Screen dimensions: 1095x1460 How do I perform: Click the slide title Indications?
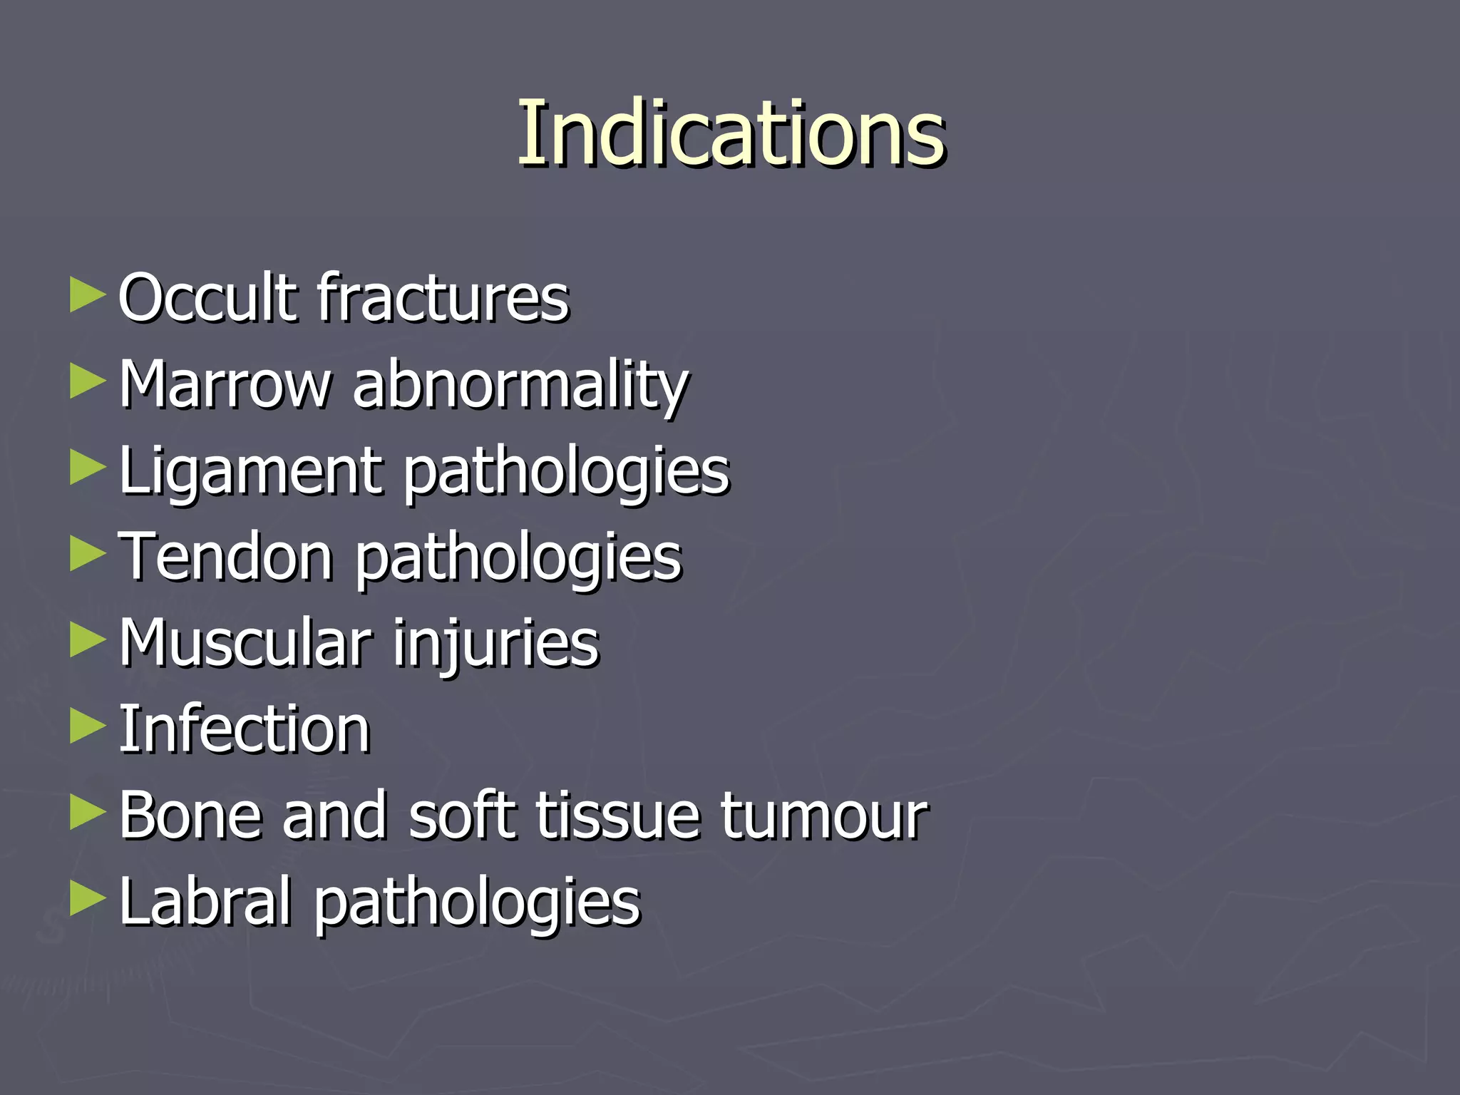731,133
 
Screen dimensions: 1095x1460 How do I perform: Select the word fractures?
443,297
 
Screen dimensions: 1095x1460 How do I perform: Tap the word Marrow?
225,385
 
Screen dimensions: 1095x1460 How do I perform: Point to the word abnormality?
520,385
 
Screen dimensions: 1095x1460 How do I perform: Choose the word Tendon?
225,557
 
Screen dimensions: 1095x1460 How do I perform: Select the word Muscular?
245,643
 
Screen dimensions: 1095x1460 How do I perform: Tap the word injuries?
496,643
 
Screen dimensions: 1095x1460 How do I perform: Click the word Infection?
244,729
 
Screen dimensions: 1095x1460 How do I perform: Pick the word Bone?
190,816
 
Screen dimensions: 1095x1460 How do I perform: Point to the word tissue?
617,816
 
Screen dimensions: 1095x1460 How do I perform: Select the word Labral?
205,902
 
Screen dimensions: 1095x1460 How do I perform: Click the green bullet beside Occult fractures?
87,295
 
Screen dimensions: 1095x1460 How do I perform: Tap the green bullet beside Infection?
87,727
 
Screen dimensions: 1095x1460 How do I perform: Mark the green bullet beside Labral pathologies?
87,900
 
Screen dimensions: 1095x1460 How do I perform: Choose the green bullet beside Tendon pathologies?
87,555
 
